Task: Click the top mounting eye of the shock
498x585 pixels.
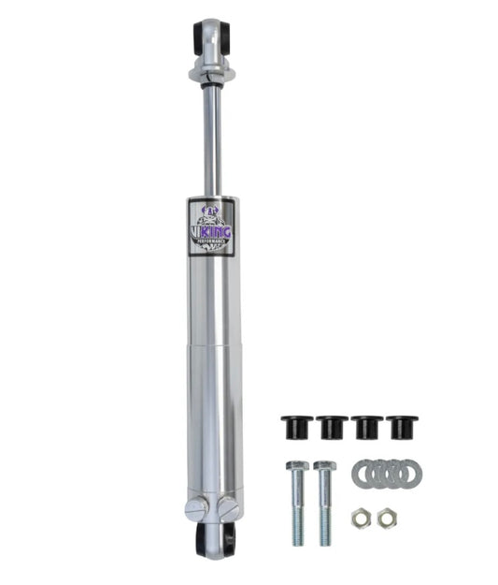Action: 210,37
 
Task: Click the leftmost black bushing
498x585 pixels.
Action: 297,427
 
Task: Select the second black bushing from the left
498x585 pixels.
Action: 332,427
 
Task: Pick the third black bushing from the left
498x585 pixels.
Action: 366,427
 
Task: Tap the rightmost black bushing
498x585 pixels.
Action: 402,427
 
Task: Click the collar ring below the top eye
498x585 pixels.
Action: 210,72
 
